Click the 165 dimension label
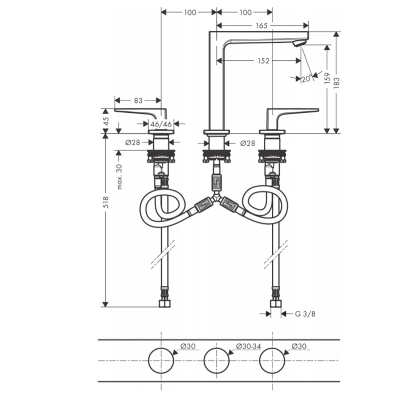(x=261, y=26)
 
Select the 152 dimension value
(x=263, y=61)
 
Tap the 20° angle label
(x=307, y=79)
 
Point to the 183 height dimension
(x=336, y=82)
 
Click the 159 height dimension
(x=327, y=78)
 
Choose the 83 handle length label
(x=138, y=101)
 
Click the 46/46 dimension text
(x=161, y=124)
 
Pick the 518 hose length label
(x=106, y=202)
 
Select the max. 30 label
(x=119, y=177)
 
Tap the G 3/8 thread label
(x=305, y=314)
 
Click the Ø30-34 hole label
(x=248, y=346)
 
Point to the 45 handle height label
(x=106, y=121)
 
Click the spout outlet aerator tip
(x=299, y=43)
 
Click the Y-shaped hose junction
(x=216, y=198)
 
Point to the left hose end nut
(x=165, y=304)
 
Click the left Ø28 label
(x=133, y=143)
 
